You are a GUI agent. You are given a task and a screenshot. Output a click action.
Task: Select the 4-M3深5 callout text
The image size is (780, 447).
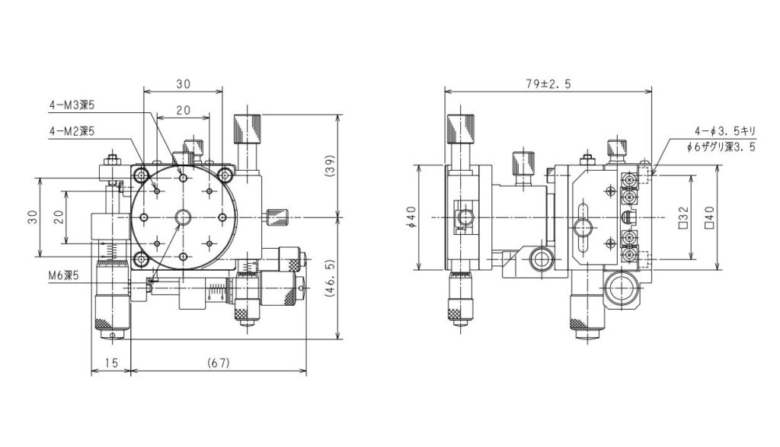[x=72, y=105]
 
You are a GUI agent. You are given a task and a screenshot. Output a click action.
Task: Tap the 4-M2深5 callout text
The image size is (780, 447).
[x=72, y=131]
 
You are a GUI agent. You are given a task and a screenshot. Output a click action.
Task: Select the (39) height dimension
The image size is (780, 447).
[x=329, y=167]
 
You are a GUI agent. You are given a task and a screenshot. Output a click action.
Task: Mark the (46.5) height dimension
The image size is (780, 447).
[x=329, y=278]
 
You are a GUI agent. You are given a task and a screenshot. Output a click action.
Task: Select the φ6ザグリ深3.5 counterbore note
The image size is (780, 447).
[x=721, y=147]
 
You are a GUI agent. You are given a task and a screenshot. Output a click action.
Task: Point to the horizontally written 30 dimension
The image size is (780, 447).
[x=184, y=83]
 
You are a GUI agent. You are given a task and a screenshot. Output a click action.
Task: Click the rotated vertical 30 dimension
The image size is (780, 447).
[x=31, y=217]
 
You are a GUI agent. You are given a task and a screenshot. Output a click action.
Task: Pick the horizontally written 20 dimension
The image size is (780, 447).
[x=184, y=110]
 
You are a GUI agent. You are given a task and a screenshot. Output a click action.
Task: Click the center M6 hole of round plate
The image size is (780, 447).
[x=184, y=218]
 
